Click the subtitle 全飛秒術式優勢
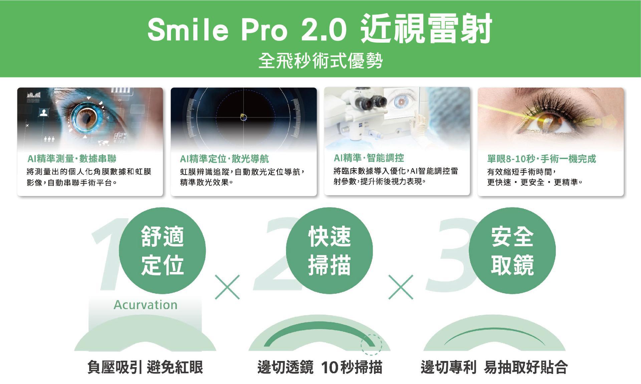pos(320,61)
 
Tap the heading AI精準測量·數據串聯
pos(72,159)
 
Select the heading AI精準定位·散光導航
pos(224,159)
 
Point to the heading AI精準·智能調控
pos(369,158)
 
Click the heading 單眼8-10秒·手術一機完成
pos(542,159)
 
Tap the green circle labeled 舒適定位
pos(162,251)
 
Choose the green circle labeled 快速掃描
pos(330,251)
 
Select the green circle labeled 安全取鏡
pos(512,251)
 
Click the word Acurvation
pos(146,305)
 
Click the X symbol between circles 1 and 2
pos(227,287)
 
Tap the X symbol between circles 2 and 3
pos(401,287)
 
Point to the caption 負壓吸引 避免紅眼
pos(145,367)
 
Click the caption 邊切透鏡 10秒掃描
pos(320,367)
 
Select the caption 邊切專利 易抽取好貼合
pos(494,367)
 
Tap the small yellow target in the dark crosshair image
pos(243,117)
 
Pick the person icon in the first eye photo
pos(43,113)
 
